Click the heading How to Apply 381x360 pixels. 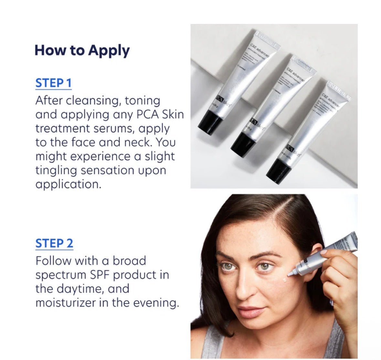click(82, 51)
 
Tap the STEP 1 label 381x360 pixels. click(53, 83)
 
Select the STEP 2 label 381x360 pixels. click(54, 243)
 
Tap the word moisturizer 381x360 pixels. click(68, 303)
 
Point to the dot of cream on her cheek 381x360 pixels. click(284, 280)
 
